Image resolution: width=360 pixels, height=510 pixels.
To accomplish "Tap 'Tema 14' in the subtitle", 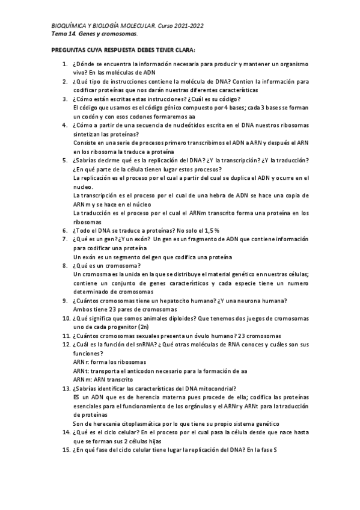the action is pyautogui.click(x=63, y=34).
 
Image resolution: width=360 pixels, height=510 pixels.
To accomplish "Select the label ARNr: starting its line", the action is pyautogui.click(x=81, y=363).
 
